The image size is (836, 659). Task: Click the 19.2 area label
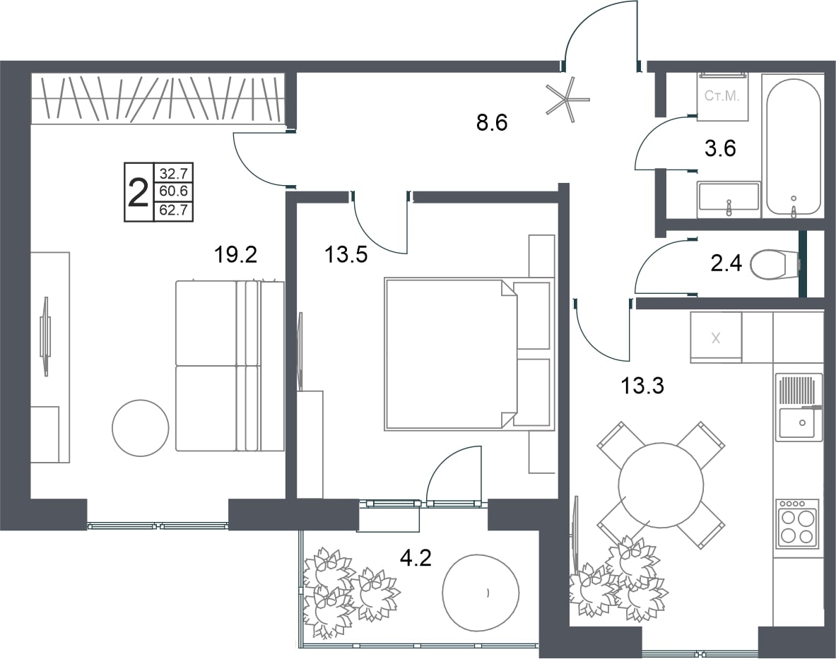235,255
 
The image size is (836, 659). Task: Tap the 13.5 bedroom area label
346,255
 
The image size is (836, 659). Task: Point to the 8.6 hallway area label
492,122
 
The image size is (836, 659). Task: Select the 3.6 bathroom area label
720,148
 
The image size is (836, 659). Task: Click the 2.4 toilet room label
726,263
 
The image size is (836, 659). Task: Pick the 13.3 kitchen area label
642,385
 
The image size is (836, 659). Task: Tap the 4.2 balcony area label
416,558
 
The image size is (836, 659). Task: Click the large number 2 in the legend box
139,193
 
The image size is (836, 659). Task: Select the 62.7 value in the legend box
173,210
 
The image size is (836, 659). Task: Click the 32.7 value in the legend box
173,173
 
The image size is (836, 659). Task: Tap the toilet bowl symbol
774,263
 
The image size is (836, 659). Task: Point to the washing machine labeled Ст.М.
722,96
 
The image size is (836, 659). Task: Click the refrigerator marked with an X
716,337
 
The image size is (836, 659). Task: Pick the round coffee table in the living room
141,428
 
